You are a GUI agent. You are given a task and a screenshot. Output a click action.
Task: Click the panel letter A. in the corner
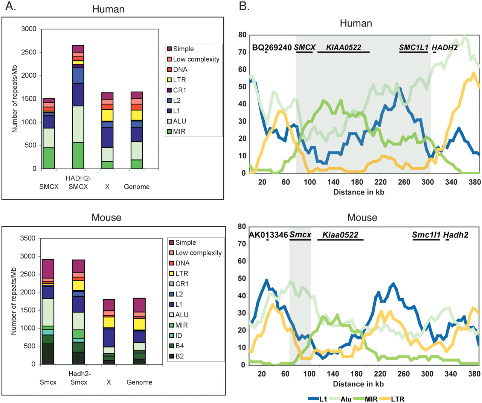11,6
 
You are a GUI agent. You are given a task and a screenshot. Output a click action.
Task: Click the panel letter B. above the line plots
244,6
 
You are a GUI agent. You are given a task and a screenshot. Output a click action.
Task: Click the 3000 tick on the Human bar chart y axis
29,29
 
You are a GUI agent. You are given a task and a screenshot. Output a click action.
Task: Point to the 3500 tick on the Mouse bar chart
27,238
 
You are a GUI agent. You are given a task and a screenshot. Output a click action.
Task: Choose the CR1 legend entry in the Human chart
179,90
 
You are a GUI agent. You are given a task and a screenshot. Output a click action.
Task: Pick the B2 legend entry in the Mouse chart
179,356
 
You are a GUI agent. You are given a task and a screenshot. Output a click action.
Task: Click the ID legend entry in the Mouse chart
178,335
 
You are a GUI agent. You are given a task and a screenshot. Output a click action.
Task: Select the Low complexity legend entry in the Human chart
196,59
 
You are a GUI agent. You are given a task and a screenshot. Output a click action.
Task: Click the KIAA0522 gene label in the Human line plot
343,48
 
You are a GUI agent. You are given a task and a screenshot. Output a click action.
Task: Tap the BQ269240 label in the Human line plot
272,48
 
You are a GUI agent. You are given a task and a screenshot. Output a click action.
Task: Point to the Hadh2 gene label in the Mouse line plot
456,235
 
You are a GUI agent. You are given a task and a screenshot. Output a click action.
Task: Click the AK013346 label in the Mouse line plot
268,235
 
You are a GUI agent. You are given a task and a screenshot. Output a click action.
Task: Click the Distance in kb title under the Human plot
358,192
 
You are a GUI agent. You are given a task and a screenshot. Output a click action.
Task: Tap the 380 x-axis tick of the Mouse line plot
475,374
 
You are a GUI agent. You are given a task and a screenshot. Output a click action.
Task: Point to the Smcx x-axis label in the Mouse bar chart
48,382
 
